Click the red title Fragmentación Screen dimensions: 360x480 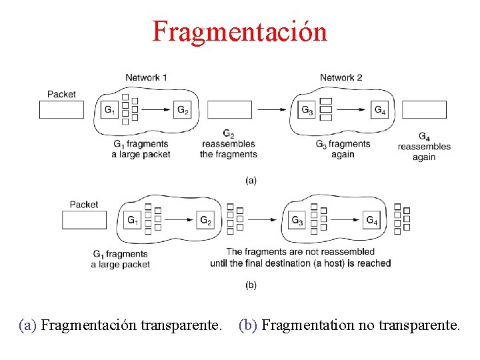click(x=239, y=31)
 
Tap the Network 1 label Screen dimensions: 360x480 click(x=146, y=77)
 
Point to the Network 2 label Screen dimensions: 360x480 click(x=341, y=77)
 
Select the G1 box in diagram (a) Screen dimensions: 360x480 click(x=109, y=110)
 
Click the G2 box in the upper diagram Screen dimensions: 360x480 click(x=183, y=110)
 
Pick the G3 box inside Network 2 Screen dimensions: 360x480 click(x=307, y=110)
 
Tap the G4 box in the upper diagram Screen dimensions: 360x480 click(x=379, y=110)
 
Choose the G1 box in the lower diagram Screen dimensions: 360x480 click(x=132, y=220)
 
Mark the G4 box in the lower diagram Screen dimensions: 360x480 click(x=371, y=220)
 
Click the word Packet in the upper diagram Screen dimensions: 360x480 click(x=61, y=95)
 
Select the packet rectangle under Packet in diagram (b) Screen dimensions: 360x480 click(x=84, y=220)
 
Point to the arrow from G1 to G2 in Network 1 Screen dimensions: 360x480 click(x=157, y=110)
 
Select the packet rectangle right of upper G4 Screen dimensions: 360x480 click(x=424, y=110)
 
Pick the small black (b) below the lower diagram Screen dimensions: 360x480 click(x=251, y=285)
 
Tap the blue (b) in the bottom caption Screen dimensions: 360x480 click(x=249, y=325)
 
